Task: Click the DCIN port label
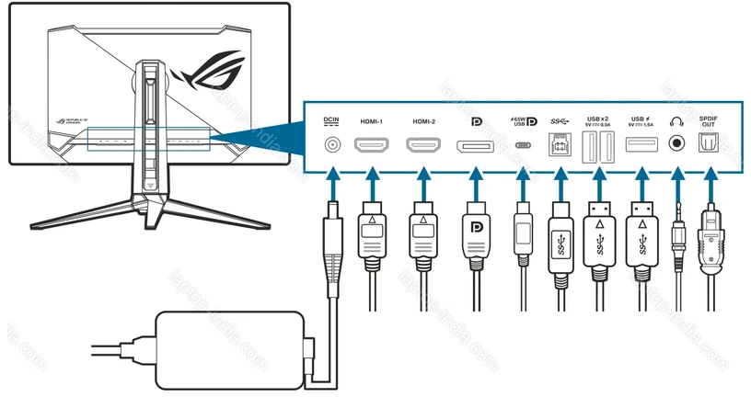click(332, 120)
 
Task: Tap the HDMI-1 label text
click(371, 120)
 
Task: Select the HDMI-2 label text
click(423, 120)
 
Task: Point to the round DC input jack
click(332, 145)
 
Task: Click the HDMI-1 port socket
click(371, 145)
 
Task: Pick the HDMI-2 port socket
click(423, 145)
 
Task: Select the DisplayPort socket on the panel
click(476, 145)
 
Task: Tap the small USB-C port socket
click(524, 145)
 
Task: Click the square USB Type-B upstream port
click(560, 145)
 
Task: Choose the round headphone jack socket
click(678, 145)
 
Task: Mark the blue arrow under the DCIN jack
click(332, 176)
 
